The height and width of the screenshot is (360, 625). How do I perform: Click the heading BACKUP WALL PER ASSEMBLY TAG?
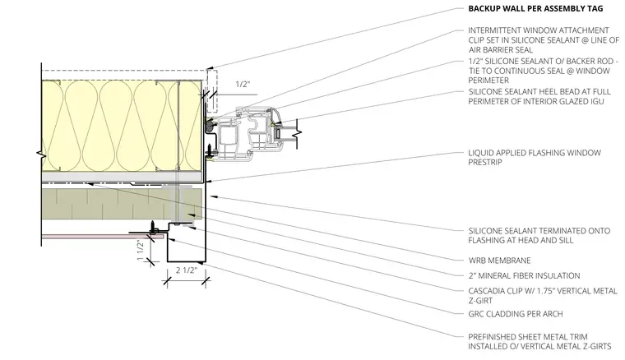tap(535, 8)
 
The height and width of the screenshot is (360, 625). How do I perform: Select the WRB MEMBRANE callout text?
tap(499, 261)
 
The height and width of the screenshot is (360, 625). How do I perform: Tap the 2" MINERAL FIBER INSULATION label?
tap(524, 275)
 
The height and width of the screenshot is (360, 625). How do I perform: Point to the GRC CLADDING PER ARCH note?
tap(516, 314)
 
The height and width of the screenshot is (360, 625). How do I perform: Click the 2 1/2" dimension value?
tap(186, 270)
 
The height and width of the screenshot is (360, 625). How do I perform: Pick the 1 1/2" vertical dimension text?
tap(141, 250)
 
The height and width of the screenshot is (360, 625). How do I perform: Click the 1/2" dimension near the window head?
tap(243, 85)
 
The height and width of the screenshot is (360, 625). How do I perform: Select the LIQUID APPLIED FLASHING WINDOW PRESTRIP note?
tap(535, 157)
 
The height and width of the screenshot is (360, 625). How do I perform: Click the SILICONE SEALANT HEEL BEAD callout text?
tap(539, 96)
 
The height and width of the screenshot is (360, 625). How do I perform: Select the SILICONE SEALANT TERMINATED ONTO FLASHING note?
tap(539, 235)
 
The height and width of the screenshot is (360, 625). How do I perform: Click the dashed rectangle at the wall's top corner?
tap(212, 91)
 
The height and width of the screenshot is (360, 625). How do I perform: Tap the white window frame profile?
tap(247, 132)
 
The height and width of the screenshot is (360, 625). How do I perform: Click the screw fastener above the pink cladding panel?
tap(152, 228)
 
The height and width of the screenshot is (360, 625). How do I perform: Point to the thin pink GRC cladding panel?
tap(103, 237)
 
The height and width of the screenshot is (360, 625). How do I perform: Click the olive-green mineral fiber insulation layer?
tap(122, 204)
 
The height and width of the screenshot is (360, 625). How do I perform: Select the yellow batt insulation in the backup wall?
tap(122, 127)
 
